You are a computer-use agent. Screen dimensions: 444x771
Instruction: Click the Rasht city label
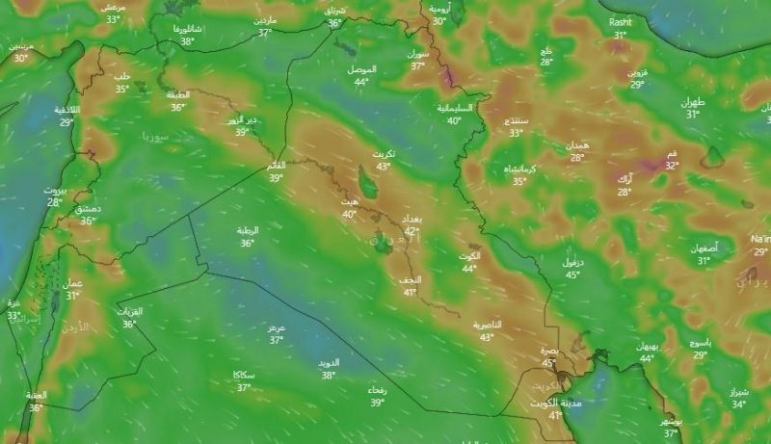619,20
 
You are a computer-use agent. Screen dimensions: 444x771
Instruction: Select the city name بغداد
412,220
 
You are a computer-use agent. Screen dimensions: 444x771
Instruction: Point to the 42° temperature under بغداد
412,231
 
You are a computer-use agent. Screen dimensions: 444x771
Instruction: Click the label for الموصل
361,69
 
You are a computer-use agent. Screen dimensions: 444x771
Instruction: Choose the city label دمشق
90,208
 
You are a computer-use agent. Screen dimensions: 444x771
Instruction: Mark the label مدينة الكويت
556,404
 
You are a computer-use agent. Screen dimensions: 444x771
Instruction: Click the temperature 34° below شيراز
738,405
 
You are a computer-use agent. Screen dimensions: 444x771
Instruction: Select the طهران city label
693,102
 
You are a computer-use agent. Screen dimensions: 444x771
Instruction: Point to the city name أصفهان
704,248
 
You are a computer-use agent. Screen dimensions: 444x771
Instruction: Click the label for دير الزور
242,119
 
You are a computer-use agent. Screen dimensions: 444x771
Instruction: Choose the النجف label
410,279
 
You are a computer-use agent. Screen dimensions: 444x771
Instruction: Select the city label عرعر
277,327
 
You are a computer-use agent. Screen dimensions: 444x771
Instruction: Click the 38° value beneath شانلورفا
187,41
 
